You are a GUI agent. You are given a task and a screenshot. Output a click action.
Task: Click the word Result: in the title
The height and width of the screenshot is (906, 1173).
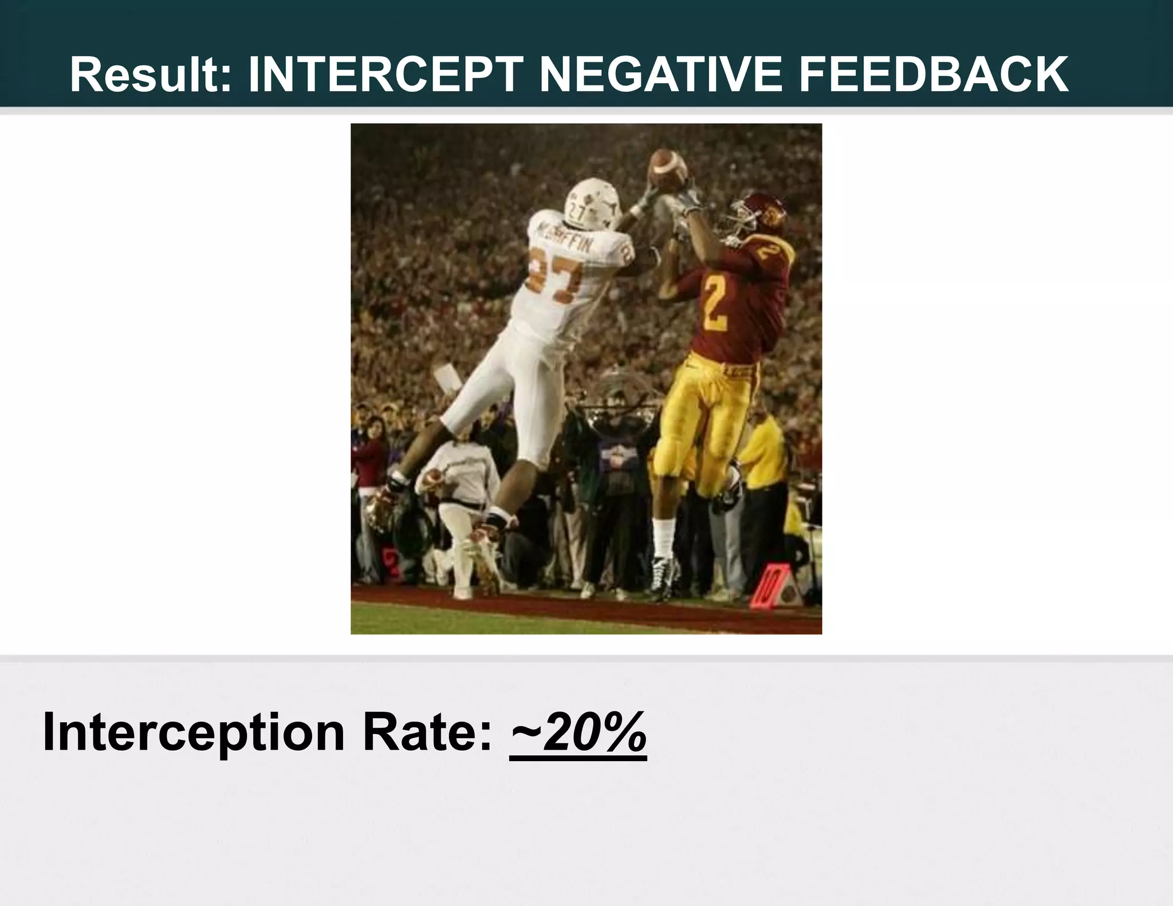coord(151,74)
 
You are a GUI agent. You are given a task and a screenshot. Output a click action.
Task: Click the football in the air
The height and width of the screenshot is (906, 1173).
coord(668,166)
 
